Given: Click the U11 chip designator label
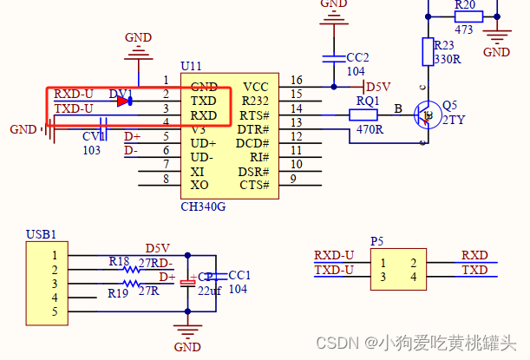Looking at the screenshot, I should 191,67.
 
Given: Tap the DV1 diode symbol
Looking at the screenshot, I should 124,101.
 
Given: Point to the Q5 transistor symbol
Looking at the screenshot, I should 425,114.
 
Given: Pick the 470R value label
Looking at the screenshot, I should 369,129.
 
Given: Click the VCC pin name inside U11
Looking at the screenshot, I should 256,87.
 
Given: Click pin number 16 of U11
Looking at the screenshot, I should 297,80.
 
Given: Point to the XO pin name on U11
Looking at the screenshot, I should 200,185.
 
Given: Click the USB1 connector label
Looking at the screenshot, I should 41,234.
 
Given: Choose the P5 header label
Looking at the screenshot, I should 376,241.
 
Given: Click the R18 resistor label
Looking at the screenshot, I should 119,260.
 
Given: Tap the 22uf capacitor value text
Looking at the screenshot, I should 211,290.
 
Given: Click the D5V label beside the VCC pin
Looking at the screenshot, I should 379,87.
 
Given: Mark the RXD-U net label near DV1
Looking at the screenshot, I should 73,94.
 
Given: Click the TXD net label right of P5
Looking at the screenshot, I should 474,271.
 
